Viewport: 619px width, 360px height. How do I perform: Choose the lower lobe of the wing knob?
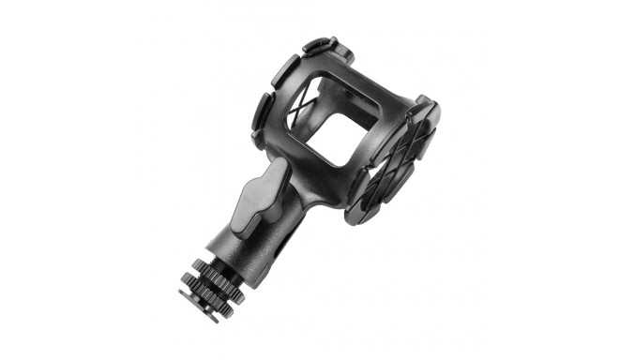(x=246, y=212)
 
